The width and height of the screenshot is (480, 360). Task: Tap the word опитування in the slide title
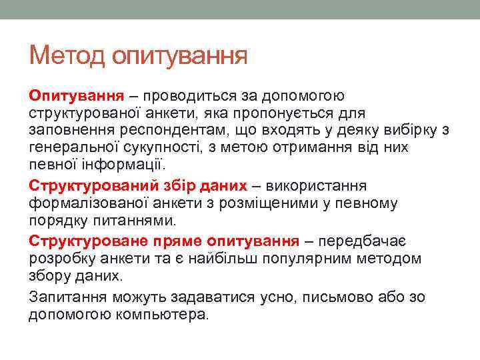click(179, 55)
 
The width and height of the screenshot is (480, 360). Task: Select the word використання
click(314, 185)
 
